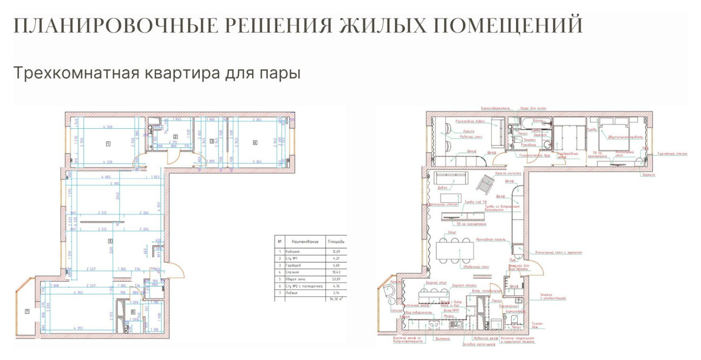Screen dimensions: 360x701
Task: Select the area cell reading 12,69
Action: point(336,252)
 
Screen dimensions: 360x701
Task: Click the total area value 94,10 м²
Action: point(336,299)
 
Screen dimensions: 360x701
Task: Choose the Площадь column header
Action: point(336,241)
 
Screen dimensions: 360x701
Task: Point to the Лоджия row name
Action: point(291,293)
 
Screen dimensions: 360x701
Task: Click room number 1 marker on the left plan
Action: point(108,144)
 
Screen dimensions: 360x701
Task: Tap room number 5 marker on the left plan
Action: point(110,241)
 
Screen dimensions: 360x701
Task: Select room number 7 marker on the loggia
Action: point(27,311)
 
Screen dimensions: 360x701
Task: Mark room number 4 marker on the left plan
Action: point(255,142)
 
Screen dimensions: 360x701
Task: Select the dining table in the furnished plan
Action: point(454,251)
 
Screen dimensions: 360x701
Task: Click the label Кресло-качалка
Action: point(508,173)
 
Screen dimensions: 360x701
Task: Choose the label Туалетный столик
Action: point(672,154)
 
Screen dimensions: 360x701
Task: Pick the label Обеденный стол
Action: point(476,267)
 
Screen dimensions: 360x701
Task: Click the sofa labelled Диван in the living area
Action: point(450,178)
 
